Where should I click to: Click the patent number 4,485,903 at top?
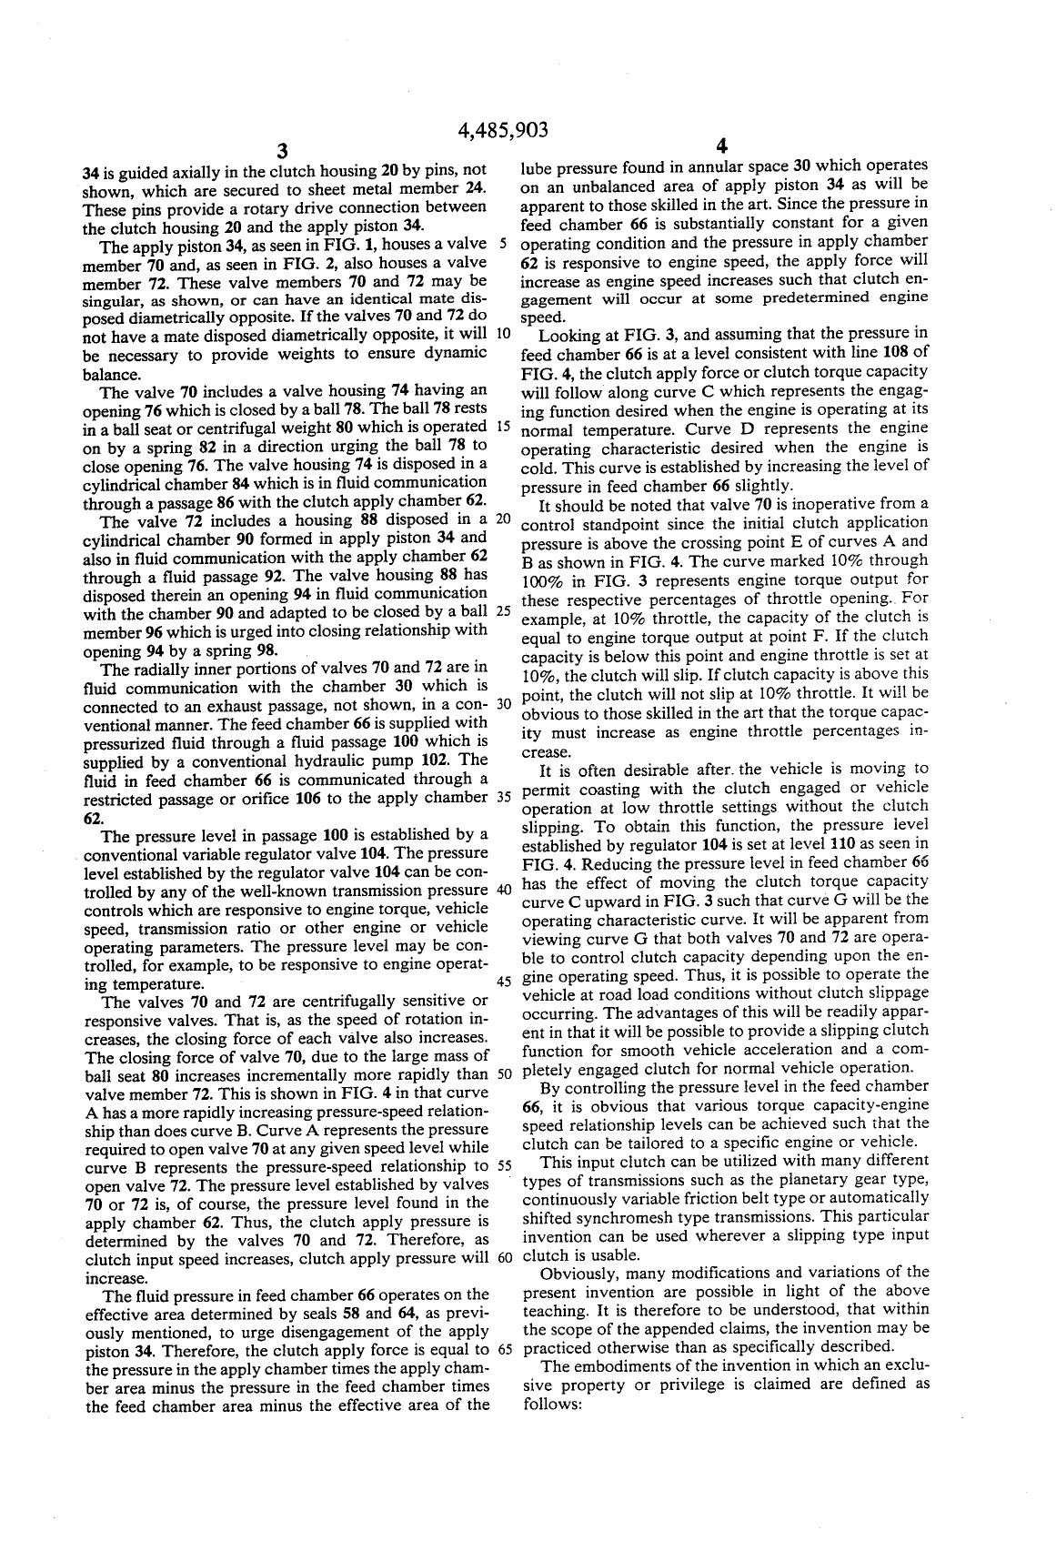tap(503, 130)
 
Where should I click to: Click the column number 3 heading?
tap(283, 151)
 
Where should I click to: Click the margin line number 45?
tap(501, 981)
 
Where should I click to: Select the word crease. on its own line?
tap(545, 752)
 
